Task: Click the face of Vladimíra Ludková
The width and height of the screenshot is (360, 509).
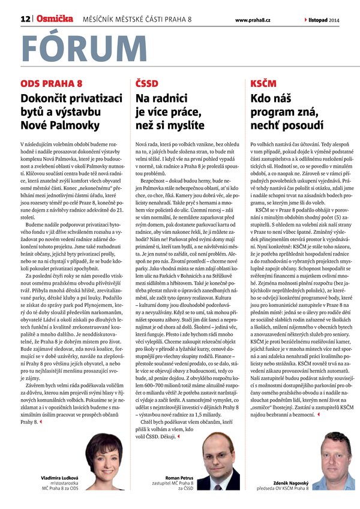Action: [103, 451]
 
